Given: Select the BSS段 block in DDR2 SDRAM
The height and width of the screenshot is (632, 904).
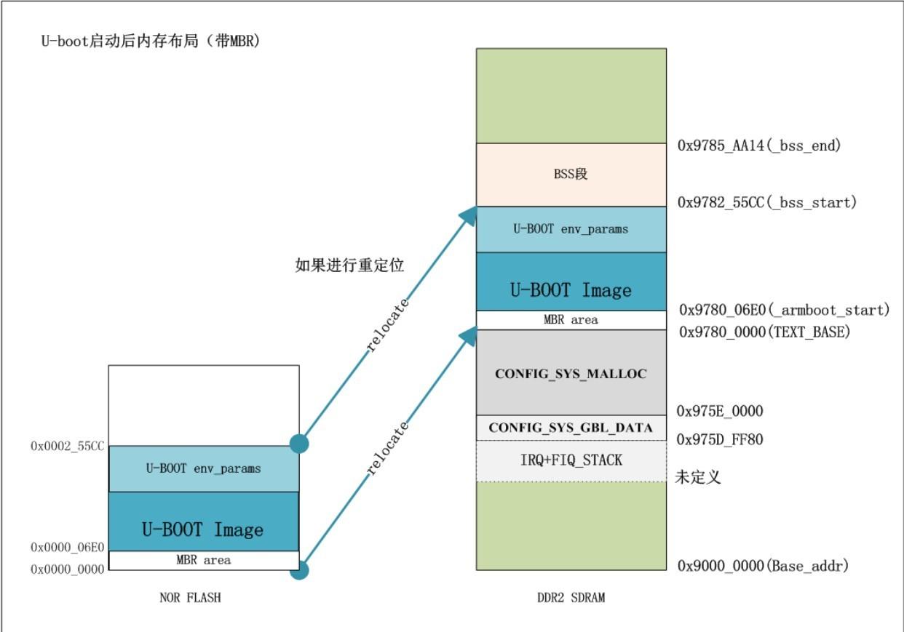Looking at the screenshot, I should (571, 175).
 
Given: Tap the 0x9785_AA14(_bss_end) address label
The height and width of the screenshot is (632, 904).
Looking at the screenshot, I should (759, 145).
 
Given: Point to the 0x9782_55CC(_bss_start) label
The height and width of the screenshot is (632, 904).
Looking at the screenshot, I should (766, 202).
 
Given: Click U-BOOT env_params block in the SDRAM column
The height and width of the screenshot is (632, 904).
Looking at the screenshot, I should (571, 229).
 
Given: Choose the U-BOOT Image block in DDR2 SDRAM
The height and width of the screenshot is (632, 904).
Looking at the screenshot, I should (571, 289).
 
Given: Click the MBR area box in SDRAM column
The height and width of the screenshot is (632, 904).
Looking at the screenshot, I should (571, 320).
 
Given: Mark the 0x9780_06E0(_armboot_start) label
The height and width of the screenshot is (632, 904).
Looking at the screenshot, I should (785, 310).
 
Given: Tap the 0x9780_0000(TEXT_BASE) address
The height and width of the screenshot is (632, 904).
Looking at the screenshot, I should (764, 332).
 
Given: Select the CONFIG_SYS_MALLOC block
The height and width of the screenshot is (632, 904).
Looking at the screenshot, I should (571, 374).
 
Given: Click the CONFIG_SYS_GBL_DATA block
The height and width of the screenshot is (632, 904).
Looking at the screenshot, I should (571, 428).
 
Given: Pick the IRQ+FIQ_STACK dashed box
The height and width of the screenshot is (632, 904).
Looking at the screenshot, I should (571, 460).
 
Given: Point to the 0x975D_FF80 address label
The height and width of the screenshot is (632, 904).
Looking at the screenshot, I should (720, 439).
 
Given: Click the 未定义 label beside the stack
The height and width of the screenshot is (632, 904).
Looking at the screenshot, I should (698, 478).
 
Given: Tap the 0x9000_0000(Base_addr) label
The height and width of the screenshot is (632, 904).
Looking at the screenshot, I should (763, 565).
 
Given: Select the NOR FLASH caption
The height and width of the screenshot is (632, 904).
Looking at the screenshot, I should (190, 598).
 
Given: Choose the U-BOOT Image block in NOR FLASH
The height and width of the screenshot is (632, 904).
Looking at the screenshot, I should (203, 529).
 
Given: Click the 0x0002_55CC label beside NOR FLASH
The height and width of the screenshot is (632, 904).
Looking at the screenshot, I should (68, 446).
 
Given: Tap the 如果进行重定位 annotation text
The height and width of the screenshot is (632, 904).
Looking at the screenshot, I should (349, 265).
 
